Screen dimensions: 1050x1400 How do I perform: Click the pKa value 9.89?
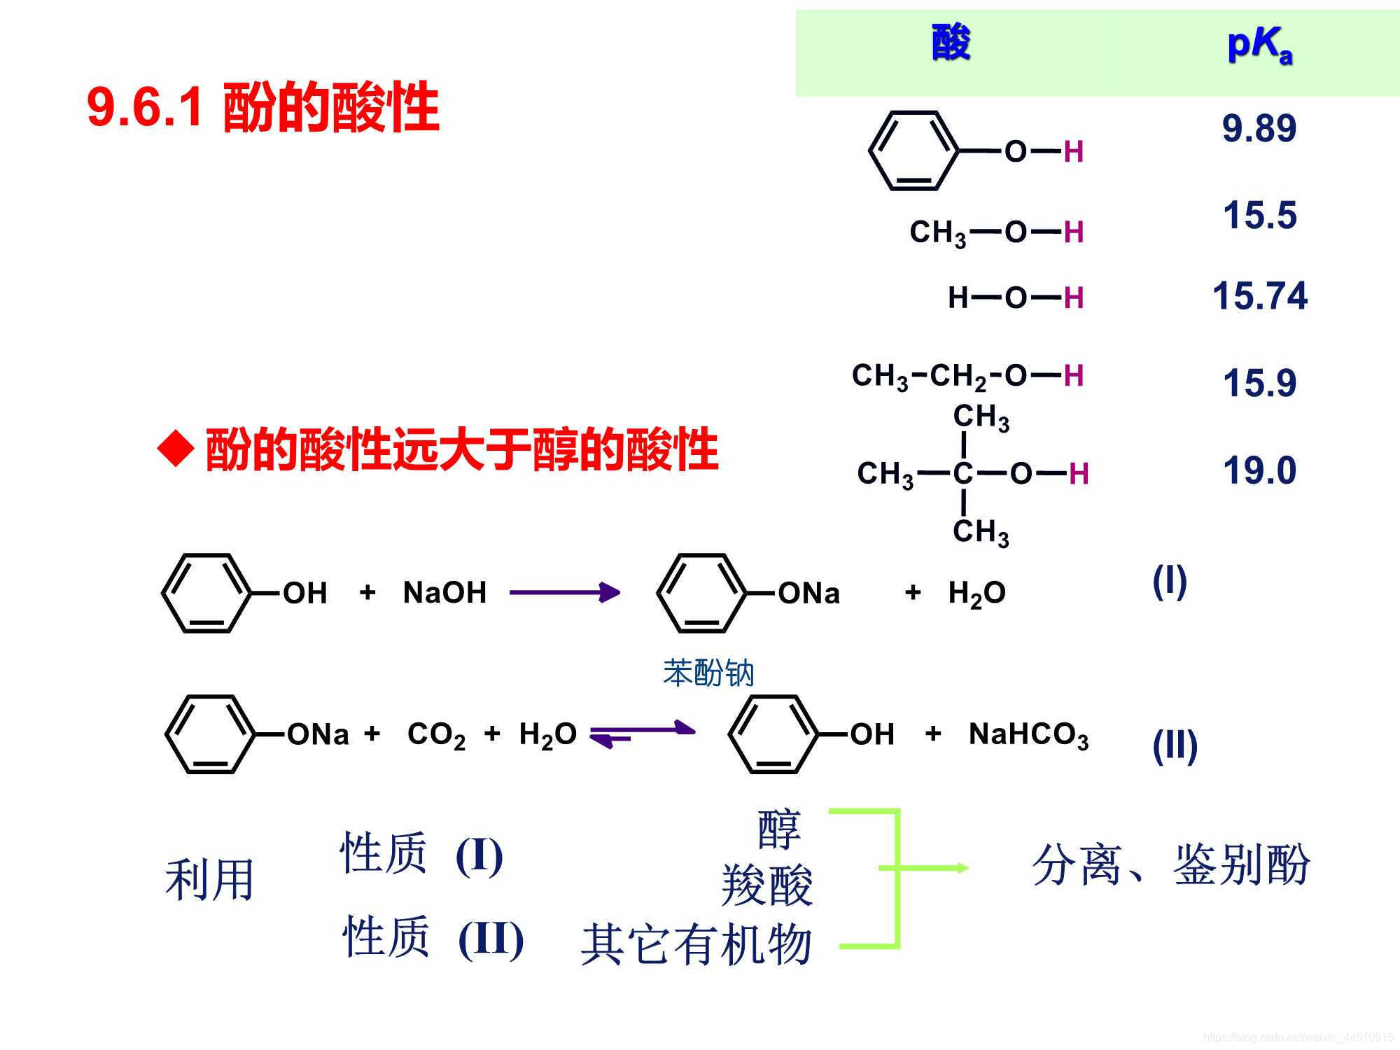click(1259, 129)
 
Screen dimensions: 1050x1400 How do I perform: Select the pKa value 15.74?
click(1259, 295)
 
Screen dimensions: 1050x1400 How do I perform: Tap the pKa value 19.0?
click(1259, 470)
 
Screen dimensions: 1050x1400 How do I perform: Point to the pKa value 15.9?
click(1259, 384)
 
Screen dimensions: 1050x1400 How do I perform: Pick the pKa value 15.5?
click(1259, 215)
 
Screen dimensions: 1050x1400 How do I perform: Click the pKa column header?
click(1259, 45)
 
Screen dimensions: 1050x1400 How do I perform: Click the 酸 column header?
click(951, 42)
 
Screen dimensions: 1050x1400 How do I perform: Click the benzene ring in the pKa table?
click(913, 150)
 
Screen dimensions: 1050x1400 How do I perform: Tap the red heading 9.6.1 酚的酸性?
click(262, 108)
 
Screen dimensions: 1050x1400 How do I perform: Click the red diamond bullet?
click(175, 449)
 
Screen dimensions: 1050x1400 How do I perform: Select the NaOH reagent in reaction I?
click(444, 593)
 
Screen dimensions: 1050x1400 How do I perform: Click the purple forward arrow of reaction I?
click(564, 593)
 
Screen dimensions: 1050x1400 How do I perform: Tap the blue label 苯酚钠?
click(708, 673)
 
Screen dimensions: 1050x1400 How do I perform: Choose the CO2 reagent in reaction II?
click(435, 735)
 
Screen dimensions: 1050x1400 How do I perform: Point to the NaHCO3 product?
click(1028, 735)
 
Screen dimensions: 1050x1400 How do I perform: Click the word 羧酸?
click(766, 885)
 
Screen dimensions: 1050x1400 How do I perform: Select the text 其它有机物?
click(696, 944)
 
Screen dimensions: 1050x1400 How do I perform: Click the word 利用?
click(209, 880)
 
